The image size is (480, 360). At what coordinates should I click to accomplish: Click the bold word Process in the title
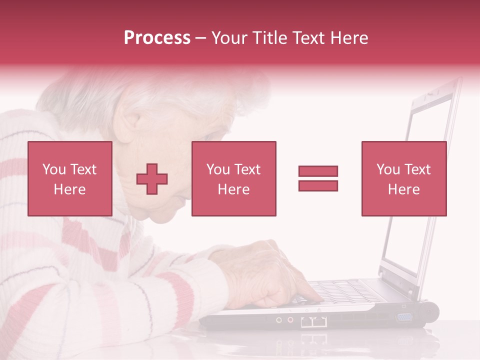(157, 38)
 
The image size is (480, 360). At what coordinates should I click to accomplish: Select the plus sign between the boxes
(152, 178)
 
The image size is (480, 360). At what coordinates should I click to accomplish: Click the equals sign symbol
(318, 178)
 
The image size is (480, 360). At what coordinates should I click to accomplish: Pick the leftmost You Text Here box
(70, 178)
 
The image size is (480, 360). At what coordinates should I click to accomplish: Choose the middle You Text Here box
(233, 178)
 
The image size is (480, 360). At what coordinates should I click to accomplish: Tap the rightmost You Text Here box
(403, 178)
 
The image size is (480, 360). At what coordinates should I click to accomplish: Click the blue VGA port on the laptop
(403, 316)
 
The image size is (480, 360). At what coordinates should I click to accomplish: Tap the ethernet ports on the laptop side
(314, 321)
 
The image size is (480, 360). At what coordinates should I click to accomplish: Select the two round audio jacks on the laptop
(284, 319)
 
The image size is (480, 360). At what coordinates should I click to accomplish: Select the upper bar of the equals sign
(318, 171)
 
